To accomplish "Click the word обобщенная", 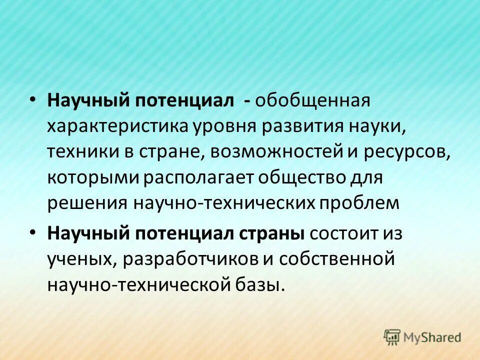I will point(313,100).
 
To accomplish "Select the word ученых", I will point(79,259).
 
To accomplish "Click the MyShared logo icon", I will point(392,337).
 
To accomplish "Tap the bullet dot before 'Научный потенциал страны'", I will point(32,233).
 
